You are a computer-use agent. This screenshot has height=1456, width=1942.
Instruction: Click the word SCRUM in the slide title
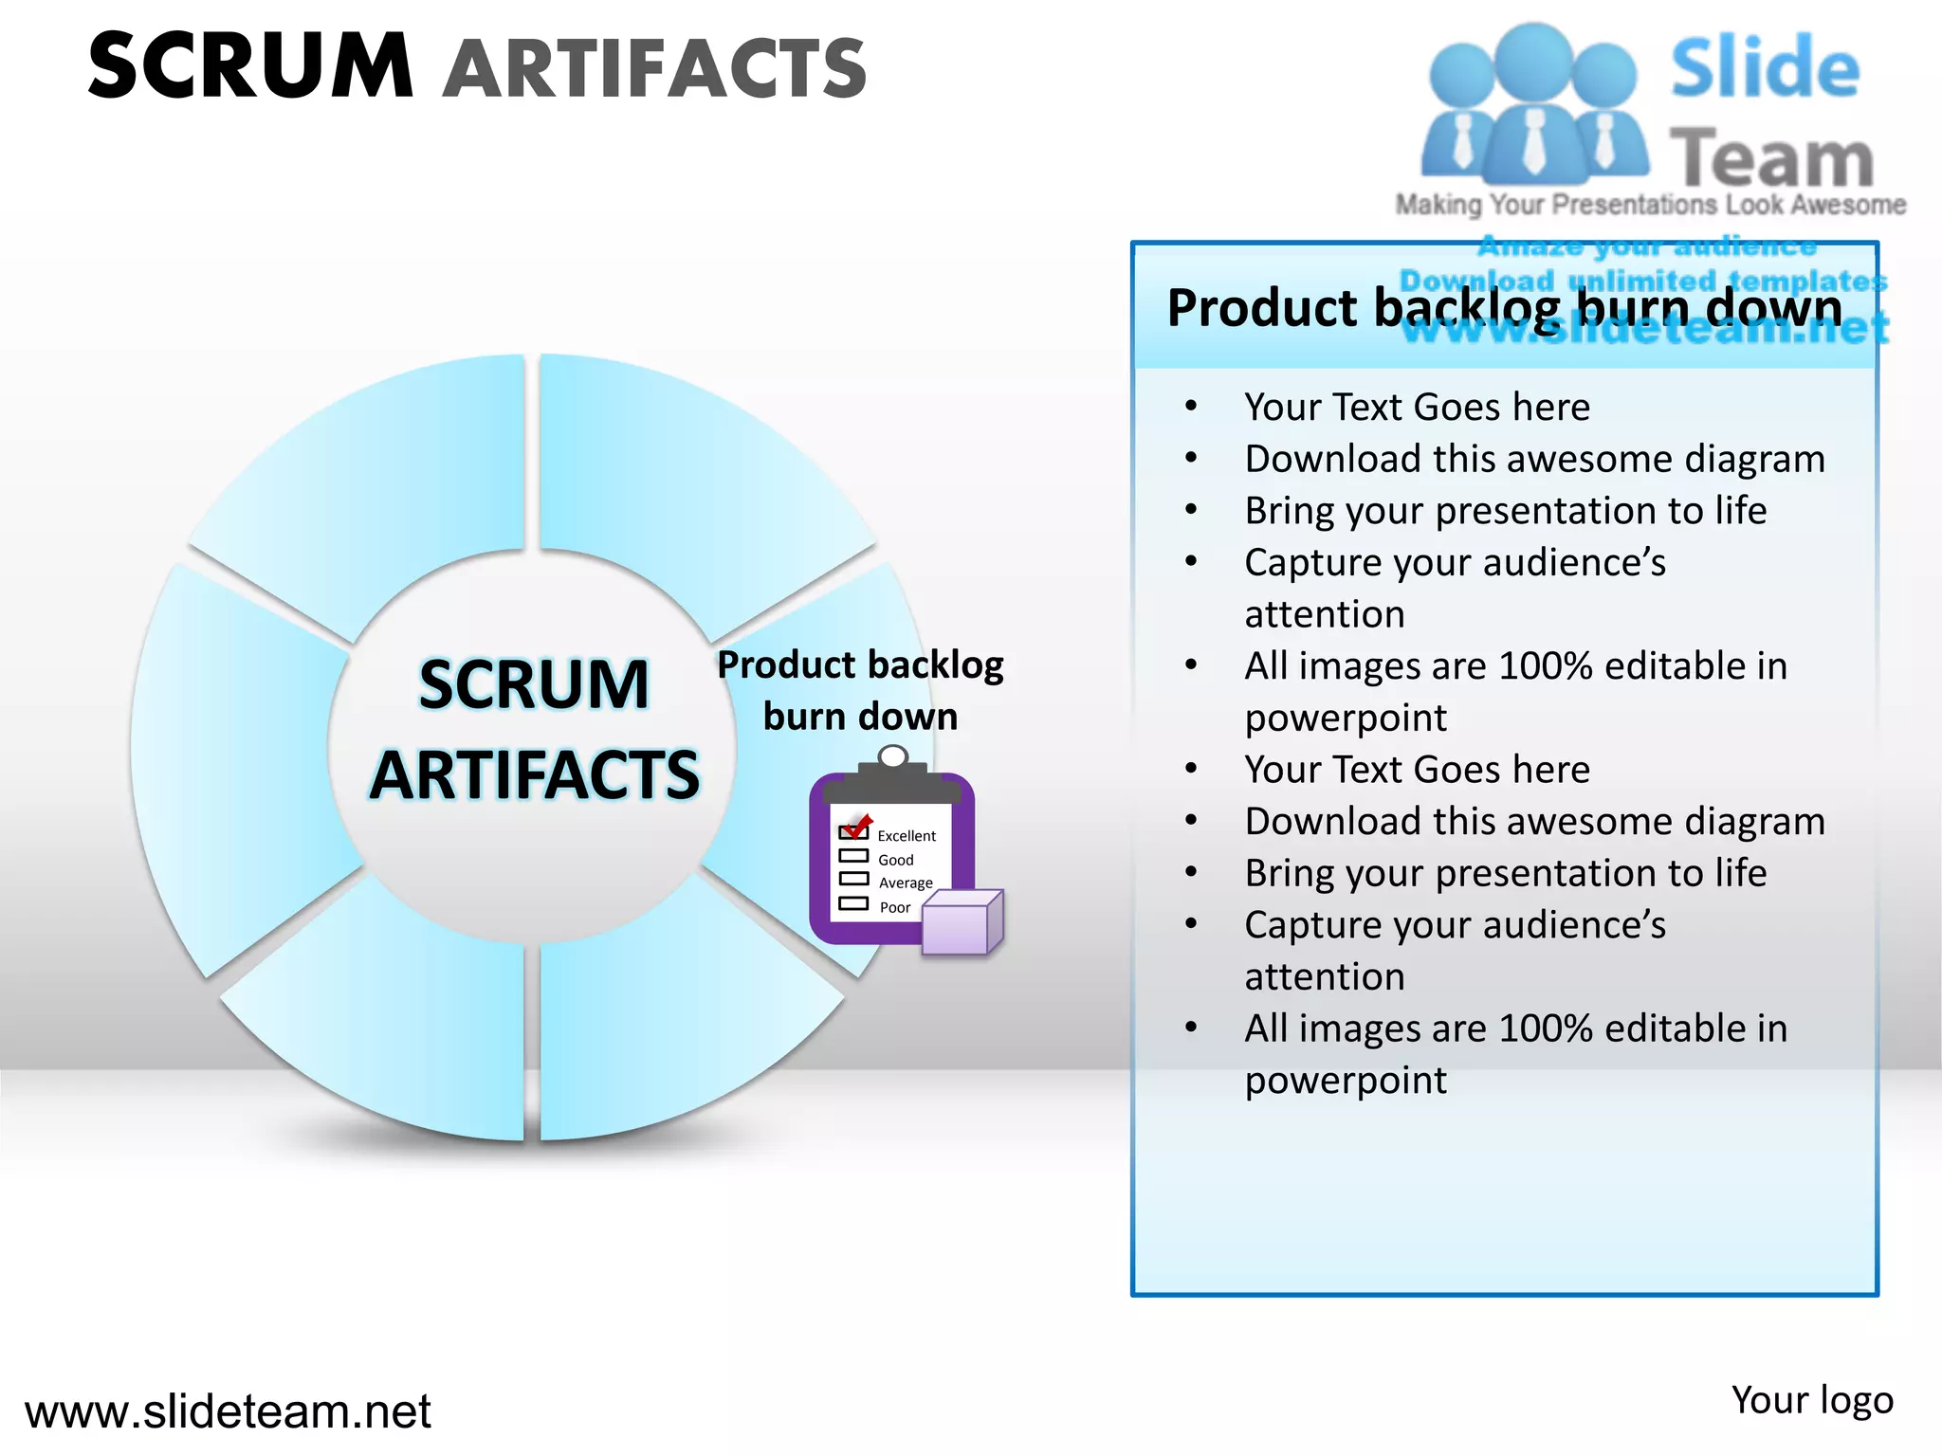pyautogui.click(x=251, y=66)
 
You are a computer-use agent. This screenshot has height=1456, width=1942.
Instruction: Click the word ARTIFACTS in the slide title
pyautogui.click(x=655, y=68)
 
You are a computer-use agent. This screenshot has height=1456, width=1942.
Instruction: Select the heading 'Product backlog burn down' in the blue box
pyautogui.click(x=1505, y=308)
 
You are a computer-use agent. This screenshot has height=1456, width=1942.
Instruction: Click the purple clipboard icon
pyautogui.click(x=891, y=858)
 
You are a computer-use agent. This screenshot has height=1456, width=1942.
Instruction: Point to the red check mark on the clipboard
pyautogui.click(x=857, y=826)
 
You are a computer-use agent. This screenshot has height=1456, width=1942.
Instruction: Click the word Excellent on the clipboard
pyautogui.click(x=907, y=836)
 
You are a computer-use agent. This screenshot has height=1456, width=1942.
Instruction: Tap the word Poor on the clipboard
pyautogui.click(x=895, y=907)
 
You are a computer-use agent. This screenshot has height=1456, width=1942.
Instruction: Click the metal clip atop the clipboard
pyautogui.click(x=893, y=758)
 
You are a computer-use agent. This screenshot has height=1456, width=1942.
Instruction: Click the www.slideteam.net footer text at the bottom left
pyautogui.click(x=228, y=1411)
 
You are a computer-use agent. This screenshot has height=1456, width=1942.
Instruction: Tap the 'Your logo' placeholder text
pyautogui.click(x=1812, y=1400)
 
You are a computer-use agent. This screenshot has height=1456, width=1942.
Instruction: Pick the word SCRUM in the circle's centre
pyautogui.click(x=534, y=684)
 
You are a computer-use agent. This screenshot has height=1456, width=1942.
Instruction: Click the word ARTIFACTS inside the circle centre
pyautogui.click(x=535, y=775)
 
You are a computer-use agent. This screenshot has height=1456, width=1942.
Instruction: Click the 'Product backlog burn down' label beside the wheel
pyautogui.click(x=860, y=690)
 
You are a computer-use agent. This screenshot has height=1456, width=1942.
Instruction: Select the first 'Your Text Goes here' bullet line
pyautogui.click(x=1417, y=408)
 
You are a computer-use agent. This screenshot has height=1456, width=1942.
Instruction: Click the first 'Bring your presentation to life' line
pyautogui.click(x=1506, y=511)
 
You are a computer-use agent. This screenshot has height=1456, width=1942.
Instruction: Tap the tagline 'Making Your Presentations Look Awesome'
pyautogui.click(x=1650, y=205)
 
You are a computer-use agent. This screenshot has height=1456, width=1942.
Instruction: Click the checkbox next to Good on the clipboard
pyautogui.click(x=853, y=856)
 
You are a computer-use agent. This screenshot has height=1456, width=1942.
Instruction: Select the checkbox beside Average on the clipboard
pyautogui.click(x=853, y=879)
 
